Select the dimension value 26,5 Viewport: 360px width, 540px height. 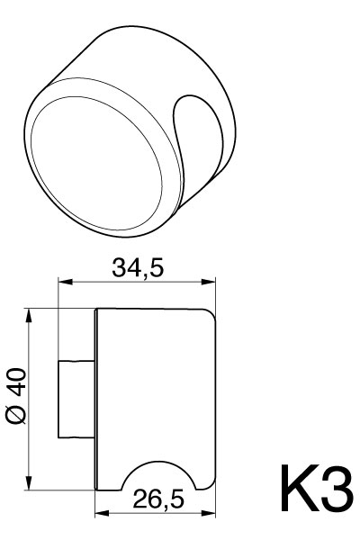pos(157,500)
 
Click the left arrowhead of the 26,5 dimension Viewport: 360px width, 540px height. pos(100,516)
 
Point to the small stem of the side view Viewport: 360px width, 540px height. pos(74,399)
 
